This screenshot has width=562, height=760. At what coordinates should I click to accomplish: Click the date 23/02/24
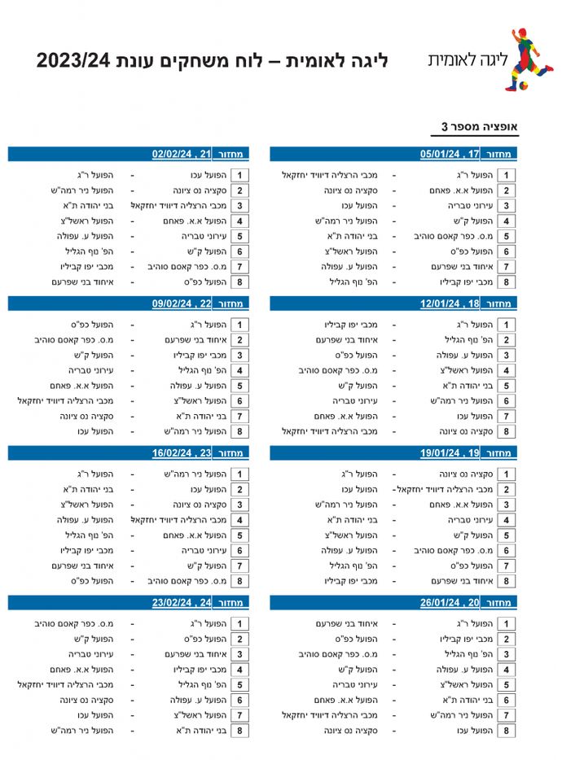[173, 603]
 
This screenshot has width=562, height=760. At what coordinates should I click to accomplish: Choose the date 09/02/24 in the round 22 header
[173, 304]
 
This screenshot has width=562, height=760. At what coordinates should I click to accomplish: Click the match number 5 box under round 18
[507, 386]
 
